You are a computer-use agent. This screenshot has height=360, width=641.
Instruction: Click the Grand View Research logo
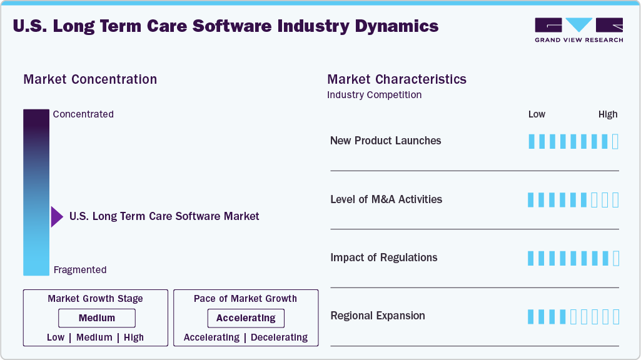[578, 29]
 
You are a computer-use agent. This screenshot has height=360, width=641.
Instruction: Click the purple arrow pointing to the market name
[57, 217]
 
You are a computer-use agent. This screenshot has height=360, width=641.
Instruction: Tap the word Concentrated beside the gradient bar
[83, 114]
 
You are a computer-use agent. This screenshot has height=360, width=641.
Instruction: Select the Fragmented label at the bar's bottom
[80, 270]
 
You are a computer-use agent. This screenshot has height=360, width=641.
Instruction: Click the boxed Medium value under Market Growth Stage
[96, 318]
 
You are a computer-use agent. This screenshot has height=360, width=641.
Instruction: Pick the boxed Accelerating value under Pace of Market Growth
[246, 318]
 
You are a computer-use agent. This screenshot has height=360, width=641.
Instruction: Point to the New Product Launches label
[385, 141]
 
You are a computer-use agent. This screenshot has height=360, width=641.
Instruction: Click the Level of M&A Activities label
[386, 199]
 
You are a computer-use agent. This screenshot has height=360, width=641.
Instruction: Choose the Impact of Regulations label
[383, 257]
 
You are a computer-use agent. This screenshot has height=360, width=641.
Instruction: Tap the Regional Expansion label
[377, 316]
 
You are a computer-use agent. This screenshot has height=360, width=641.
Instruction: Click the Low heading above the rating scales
[537, 114]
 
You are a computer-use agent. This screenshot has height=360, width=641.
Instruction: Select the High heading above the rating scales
[607, 114]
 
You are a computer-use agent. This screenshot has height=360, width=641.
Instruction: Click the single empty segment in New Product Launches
[615, 141]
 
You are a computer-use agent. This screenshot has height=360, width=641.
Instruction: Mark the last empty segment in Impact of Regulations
[615, 258]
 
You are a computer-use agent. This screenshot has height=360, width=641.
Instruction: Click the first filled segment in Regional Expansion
[532, 317]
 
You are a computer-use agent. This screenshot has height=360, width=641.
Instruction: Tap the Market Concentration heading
[90, 79]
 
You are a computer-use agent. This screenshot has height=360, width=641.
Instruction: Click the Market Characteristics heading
[396, 79]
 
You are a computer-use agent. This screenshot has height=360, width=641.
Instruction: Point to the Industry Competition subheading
[374, 95]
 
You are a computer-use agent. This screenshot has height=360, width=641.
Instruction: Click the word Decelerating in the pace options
[279, 337]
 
